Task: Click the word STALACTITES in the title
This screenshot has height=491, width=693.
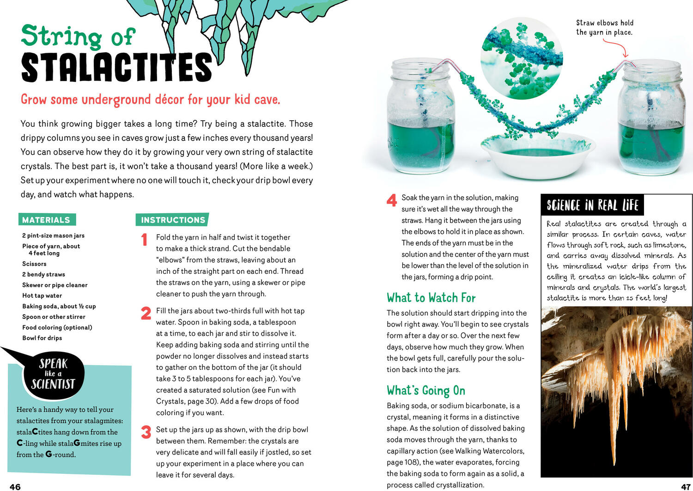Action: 116,68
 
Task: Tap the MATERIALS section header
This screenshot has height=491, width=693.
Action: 46,220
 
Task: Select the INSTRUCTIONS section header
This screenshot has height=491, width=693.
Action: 173,220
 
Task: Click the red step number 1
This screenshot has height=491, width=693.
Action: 145,239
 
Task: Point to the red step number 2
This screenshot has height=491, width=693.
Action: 146,313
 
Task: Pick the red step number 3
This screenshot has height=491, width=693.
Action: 146,432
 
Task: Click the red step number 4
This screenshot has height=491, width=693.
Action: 392,200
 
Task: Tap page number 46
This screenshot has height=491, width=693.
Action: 15,486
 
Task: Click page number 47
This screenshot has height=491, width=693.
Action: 686,486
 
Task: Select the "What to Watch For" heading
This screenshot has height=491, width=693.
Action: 431,298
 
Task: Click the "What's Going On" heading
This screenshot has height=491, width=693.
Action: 426,391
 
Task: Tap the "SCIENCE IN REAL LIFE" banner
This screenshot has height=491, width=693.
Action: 592,205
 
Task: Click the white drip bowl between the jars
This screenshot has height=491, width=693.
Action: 537,157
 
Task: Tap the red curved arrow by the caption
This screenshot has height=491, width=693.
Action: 617,47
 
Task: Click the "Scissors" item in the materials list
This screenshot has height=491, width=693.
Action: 34,264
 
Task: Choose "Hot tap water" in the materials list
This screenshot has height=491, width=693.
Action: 42,296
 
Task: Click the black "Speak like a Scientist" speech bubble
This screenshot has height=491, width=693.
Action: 53,374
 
